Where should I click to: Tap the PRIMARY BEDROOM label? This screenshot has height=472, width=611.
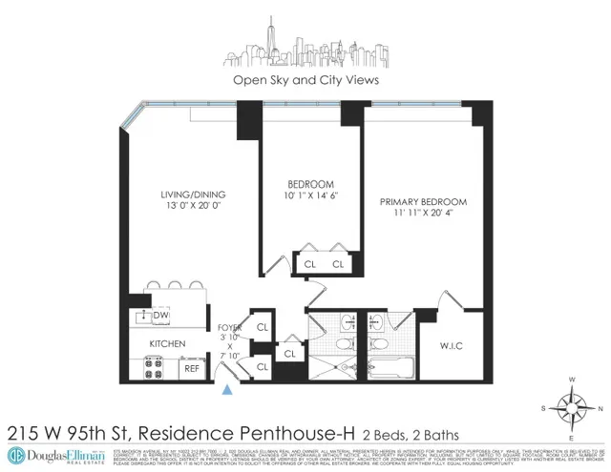pyautogui.click(x=423, y=202)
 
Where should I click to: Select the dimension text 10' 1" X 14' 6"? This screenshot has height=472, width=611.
pyautogui.click(x=310, y=197)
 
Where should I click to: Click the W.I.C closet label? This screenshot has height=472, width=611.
pyautogui.click(x=451, y=344)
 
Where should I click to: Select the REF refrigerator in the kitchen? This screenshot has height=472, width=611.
pyautogui.click(x=192, y=366)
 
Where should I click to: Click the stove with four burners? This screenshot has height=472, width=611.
pyautogui.click(x=155, y=366)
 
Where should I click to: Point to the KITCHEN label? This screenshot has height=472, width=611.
pyautogui.click(x=166, y=342)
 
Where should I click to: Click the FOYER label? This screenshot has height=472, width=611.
pyautogui.click(x=230, y=329)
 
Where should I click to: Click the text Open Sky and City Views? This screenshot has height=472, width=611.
pyautogui.click(x=305, y=80)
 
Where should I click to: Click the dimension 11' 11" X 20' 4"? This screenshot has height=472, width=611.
pyautogui.click(x=423, y=215)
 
